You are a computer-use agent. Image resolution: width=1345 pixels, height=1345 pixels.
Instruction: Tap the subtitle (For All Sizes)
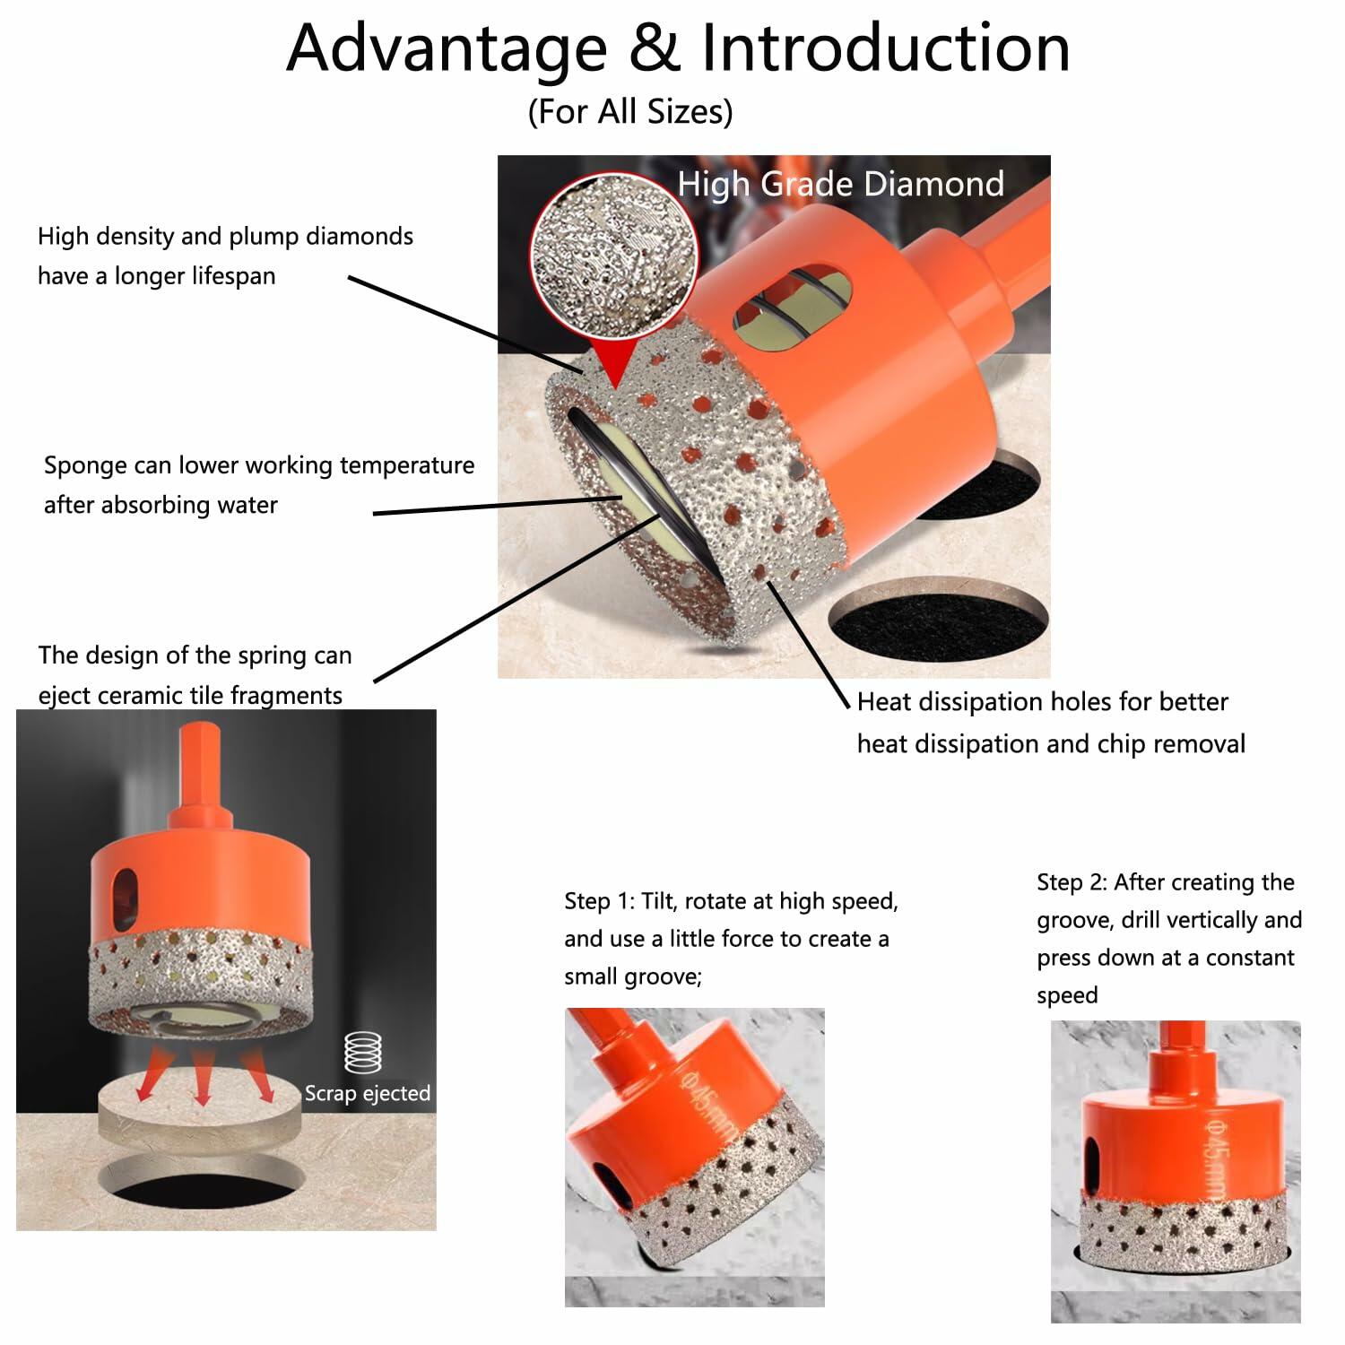(630, 112)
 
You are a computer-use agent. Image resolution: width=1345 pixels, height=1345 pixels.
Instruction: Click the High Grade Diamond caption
(840, 184)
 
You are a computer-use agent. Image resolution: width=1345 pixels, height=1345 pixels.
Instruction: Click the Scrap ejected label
(368, 1093)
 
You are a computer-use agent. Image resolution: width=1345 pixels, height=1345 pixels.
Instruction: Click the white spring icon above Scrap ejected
(363, 1053)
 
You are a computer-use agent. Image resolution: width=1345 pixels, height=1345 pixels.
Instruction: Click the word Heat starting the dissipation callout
(887, 701)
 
